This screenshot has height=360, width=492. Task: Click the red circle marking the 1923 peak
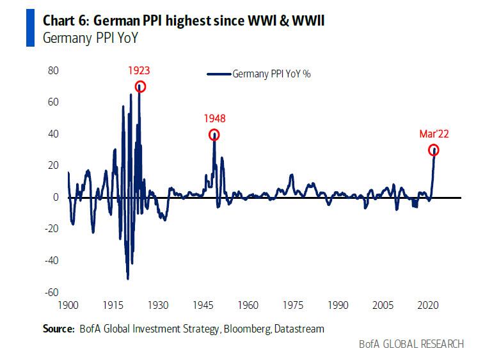tap(140, 87)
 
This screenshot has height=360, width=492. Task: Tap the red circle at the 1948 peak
tap(214, 135)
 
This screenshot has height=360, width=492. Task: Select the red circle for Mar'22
tap(434, 150)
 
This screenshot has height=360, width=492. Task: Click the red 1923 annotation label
tap(139, 70)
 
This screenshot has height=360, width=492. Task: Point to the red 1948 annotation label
tap(214, 118)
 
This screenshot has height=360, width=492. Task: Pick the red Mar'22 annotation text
tap(433, 134)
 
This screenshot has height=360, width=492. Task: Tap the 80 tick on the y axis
tap(53, 70)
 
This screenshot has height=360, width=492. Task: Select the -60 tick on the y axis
tap(51, 293)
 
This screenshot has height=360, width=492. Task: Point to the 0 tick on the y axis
tap(56, 198)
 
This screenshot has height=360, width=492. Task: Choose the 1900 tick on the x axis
tap(68, 306)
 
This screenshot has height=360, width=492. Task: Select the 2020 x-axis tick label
tap(427, 306)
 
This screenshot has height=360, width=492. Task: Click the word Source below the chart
tap(58, 329)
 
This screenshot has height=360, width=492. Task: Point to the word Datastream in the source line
tap(298, 329)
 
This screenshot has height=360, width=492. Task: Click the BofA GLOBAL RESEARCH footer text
tap(411, 344)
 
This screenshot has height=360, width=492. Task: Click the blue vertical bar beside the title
tap(29, 28)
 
